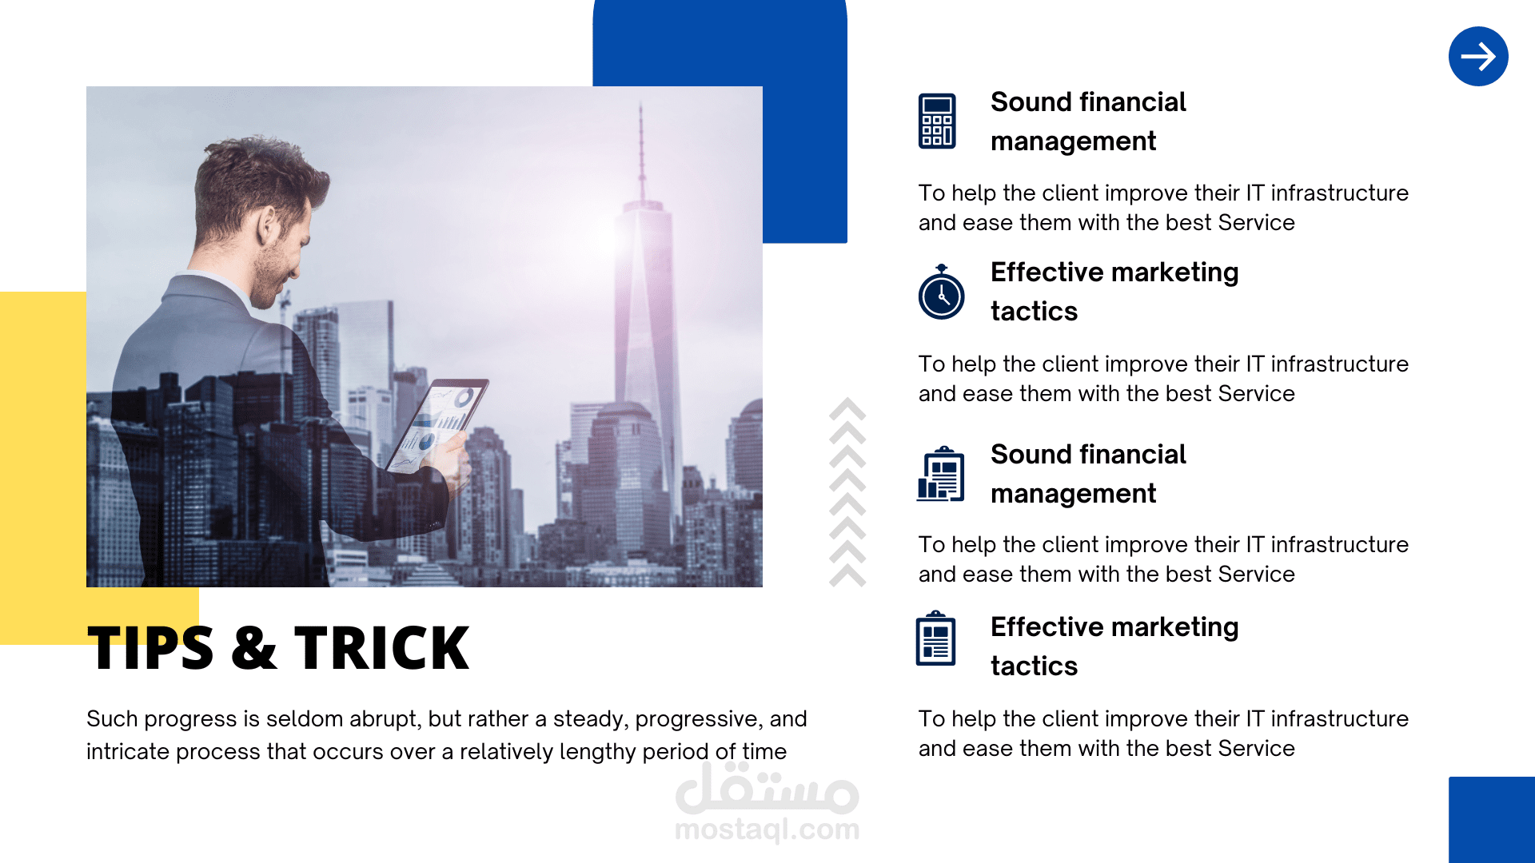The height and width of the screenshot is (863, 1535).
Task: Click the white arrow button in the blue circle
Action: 1478,56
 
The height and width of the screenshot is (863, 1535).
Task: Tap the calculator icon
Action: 937,121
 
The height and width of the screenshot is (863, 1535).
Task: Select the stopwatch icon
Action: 941,292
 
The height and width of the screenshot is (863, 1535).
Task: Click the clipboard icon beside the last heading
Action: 935,638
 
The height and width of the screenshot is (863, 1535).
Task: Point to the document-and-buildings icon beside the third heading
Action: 940,474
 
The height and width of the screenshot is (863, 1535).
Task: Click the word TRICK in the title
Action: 381,647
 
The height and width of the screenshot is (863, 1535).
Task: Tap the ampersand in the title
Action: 254,647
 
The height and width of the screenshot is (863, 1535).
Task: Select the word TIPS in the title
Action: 150,647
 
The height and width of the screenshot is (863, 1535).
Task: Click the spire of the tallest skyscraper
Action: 640,152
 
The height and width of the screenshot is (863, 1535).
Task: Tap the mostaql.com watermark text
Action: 767,829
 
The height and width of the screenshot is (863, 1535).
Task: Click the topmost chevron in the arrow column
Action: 847,408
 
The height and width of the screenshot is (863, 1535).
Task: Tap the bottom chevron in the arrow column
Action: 847,575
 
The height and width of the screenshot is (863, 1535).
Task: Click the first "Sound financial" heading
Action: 1088,101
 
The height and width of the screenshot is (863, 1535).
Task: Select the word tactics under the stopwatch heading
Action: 1034,311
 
